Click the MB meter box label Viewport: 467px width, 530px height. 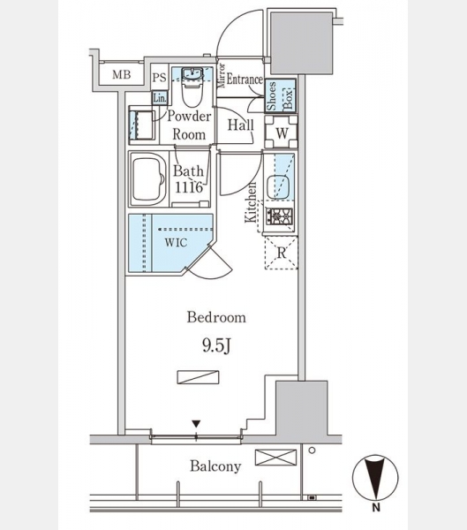[x=121, y=74]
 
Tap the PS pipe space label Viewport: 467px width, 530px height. [x=159, y=78]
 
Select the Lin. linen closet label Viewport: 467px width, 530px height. [x=160, y=98]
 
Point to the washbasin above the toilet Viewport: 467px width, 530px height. [x=192, y=73]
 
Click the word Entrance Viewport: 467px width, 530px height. [x=245, y=79]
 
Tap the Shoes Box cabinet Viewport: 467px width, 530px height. [x=280, y=95]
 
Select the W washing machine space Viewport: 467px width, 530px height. [x=281, y=132]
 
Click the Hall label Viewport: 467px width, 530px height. [x=241, y=125]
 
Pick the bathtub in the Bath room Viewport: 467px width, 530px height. [x=148, y=179]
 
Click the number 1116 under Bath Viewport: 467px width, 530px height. [x=189, y=187]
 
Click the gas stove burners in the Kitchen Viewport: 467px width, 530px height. [x=280, y=216]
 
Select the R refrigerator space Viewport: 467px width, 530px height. [x=281, y=253]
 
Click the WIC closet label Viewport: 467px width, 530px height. [x=176, y=242]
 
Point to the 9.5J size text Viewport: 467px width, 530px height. [x=216, y=345]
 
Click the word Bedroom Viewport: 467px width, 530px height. [x=216, y=317]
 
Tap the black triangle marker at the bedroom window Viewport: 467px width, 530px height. [x=196, y=424]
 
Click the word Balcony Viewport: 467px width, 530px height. [x=215, y=466]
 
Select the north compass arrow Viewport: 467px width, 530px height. [x=375, y=477]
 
